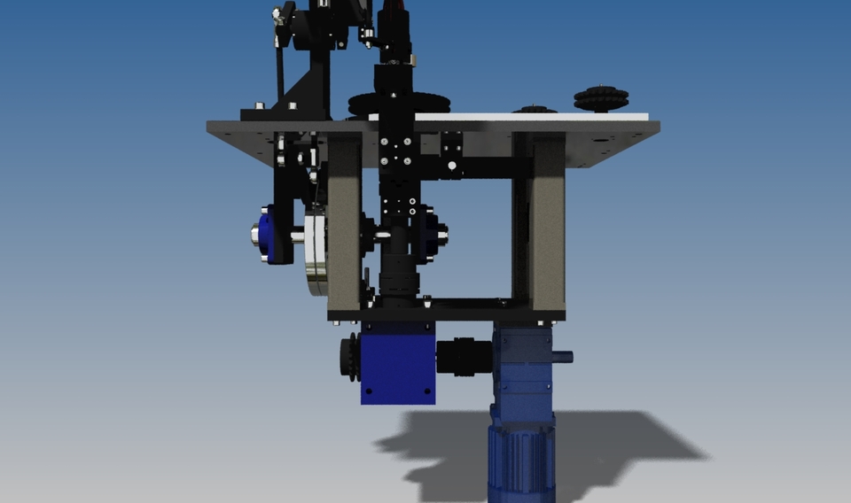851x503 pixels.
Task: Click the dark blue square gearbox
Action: [398, 363]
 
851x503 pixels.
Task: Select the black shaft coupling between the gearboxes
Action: [464, 356]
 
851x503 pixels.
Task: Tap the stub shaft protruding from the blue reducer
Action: [562, 357]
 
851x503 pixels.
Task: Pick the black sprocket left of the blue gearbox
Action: [349, 358]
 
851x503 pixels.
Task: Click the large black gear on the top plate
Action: [373, 104]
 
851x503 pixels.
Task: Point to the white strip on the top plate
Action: [532, 116]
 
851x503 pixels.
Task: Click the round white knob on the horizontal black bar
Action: [452, 166]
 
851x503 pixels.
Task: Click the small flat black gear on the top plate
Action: [535, 110]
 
